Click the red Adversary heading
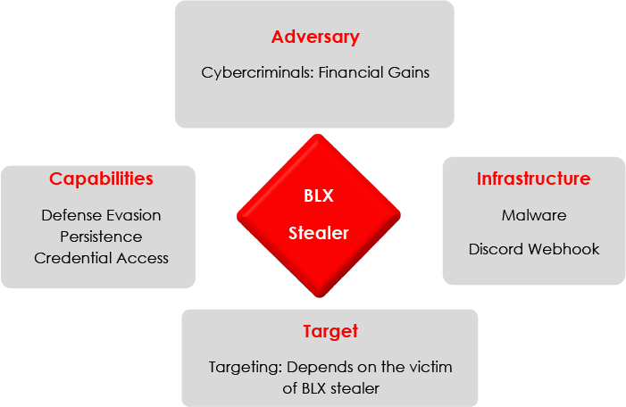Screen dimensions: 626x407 (315, 37)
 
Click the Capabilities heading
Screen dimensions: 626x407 (101, 179)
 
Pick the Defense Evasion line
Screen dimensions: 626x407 (101, 215)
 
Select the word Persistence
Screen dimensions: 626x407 (101, 237)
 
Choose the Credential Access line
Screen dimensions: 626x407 (101, 258)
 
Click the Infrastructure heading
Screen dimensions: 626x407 (534, 179)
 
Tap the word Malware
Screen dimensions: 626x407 (534, 215)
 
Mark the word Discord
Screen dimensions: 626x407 (496, 249)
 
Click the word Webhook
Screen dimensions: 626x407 (563, 249)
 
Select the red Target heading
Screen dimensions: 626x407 (330, 332)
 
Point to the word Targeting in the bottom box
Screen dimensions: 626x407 (246, 368)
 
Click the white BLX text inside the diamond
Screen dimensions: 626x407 (319, 196)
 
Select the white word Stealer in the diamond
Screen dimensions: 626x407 (319, 233)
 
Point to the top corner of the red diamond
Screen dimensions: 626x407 (318, 135)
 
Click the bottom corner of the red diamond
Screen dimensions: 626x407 (319, 297)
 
